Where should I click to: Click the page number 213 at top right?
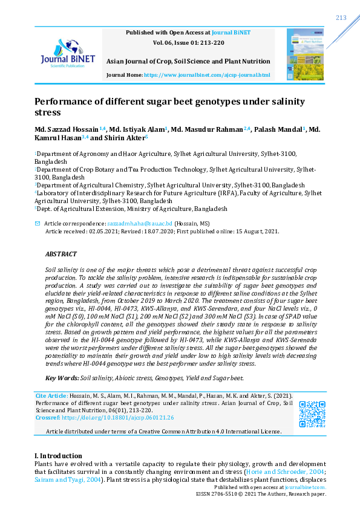[341, 18]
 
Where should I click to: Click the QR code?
[313, 414]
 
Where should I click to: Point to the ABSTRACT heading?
[61, 254]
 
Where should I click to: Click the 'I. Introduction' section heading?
[57, 456]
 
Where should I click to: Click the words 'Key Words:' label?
[62, 378]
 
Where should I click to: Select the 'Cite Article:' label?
[50, 395]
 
